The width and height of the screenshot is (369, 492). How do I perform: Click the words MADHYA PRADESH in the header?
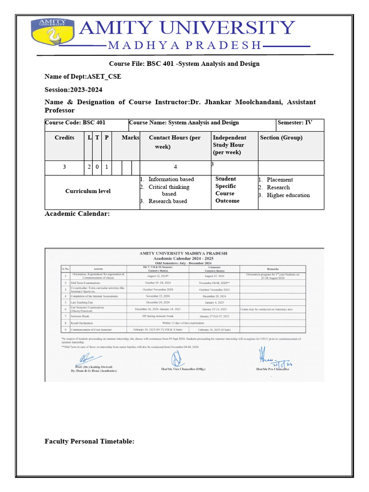coord(184,46)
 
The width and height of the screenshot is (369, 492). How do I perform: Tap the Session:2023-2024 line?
coord(74,90)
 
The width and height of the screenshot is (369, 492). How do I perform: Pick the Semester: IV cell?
coord(295,123)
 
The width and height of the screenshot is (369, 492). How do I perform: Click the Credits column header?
coord(64,138)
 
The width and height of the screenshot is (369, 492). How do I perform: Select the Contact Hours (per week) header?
coord(175,142)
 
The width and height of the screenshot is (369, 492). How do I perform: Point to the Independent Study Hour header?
coord(230,145)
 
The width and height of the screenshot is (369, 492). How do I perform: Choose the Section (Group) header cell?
coord(282,138)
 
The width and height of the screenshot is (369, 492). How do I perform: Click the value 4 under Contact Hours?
coord(175,167)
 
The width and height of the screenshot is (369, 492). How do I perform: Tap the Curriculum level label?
coord(88,191)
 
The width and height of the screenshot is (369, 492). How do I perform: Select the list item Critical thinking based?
coord(169,190)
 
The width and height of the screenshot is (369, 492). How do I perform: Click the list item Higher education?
coord(288,195)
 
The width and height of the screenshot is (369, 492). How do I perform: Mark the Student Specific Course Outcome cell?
coord(227,190)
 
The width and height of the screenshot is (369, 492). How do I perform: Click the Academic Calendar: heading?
coord(77,214)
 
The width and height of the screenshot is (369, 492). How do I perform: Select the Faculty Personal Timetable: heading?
coord(89,441)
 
